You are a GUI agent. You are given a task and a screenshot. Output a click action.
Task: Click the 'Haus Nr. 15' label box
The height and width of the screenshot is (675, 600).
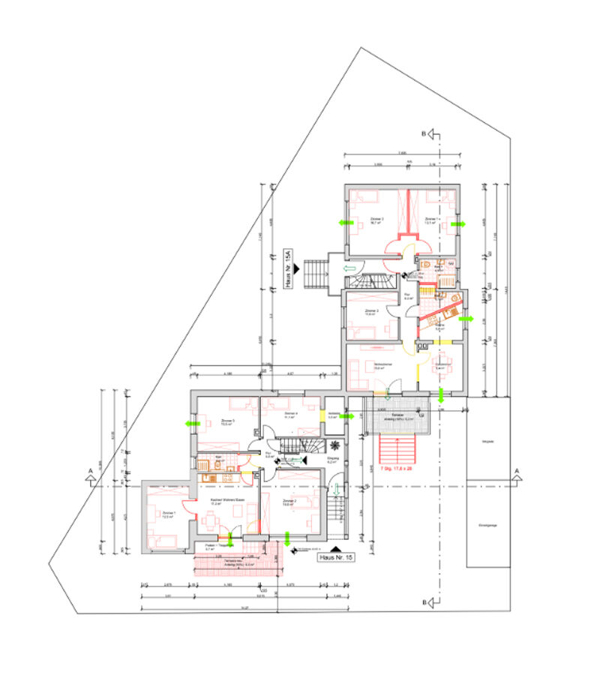tap(335, 558)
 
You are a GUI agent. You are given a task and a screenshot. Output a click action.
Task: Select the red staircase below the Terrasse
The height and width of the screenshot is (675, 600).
tap(396, 449)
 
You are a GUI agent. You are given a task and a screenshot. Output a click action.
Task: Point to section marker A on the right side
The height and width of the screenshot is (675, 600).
tap(517, 472)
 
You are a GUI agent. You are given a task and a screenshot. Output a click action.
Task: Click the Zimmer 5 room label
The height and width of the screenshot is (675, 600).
tap(229, 421)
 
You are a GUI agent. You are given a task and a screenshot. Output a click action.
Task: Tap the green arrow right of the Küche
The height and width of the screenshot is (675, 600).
tap(464, 319)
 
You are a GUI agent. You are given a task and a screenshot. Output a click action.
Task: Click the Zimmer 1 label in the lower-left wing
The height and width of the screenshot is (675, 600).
tap(167, 514)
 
